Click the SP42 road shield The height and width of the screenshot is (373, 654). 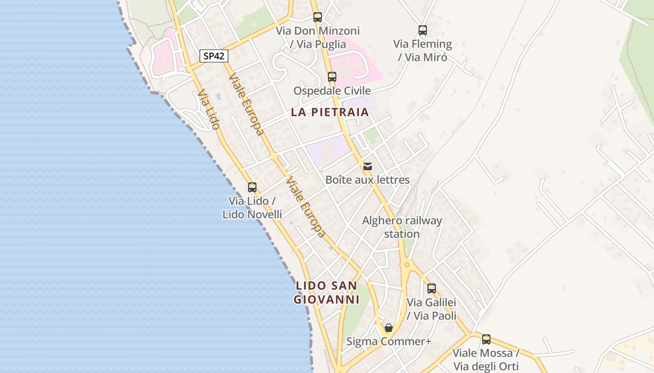tap(214, 56)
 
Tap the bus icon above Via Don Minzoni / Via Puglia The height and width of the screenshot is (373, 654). tap(318, 17)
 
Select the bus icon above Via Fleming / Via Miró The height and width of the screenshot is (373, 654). tap(423, 30)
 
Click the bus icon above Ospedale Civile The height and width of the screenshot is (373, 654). tap(332, 77)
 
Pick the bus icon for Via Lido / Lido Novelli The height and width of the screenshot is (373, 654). tap(252, 187)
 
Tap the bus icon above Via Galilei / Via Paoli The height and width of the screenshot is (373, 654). tap(432, 289)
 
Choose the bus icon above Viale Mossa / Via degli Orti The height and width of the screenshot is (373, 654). tap(486, 339)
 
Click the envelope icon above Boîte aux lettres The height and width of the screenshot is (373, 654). tap(368, 166)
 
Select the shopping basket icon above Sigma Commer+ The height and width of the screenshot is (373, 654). tap(389, 328)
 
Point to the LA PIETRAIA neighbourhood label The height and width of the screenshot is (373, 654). tap(330, 112)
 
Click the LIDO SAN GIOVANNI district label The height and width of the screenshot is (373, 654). tap(327, 292)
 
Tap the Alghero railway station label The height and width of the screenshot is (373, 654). tap(402, 227)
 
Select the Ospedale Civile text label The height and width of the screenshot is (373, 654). tap(332, 90)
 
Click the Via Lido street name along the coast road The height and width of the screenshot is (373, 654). tap(208, 110)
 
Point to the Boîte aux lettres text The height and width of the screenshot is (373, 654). tap(368, 180)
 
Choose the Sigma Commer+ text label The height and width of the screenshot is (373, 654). tap(389, 341)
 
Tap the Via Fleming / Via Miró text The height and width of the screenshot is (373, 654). tap(423, 50)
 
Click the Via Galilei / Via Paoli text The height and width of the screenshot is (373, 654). tap(432, 309)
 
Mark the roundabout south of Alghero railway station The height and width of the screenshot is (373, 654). tap(407, 265)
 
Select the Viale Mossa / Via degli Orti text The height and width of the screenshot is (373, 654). tap(486, 359)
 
